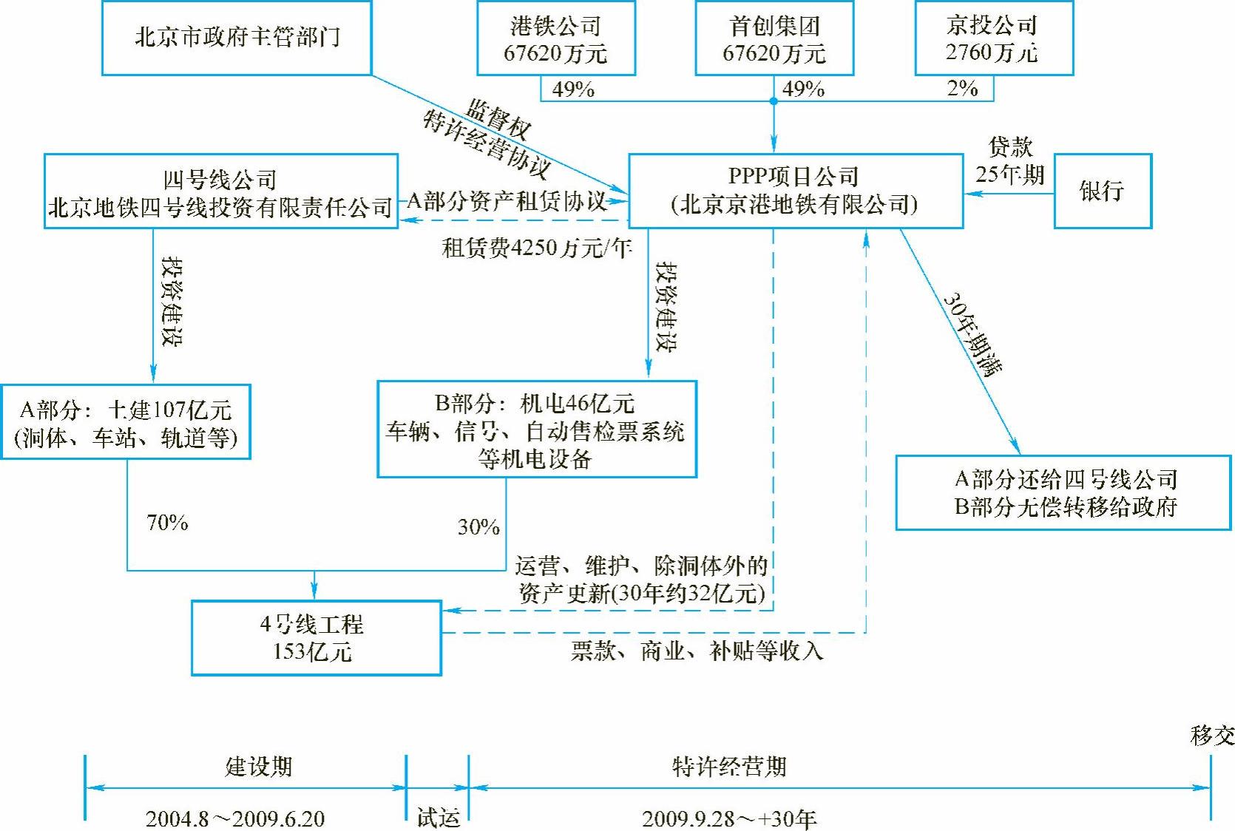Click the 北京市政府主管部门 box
click(237, 38)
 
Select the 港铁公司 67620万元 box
click(555, 38)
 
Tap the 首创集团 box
click(774, 38)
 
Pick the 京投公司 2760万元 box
click(993, 38)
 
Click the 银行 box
click(1102, 191)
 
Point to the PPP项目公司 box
click(795, 191)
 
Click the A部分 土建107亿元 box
click(126, 422)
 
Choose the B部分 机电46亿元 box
click(536, 430)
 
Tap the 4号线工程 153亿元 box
click(316, 638)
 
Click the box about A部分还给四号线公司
click(1063, 492)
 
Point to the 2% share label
click(962, 89)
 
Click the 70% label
click(167, 523)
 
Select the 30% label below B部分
click(478, 527)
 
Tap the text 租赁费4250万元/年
click(537, 248)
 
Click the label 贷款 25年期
click(1009, 160)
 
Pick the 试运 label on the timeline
click(438, 818)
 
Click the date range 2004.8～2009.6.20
click(235, 818)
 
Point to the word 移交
click(1212, 736)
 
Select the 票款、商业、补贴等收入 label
click(697, 651)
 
